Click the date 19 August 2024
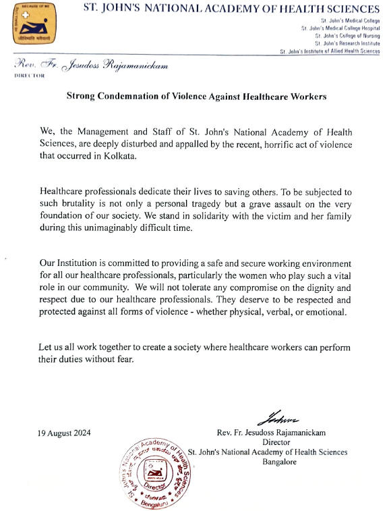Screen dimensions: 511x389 point(64,432)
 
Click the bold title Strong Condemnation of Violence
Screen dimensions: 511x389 point(196,97)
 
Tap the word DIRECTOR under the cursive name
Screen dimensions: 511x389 point(29,76)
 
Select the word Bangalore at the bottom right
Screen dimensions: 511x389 point(279,462)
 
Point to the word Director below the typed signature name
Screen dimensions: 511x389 point(279,442)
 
